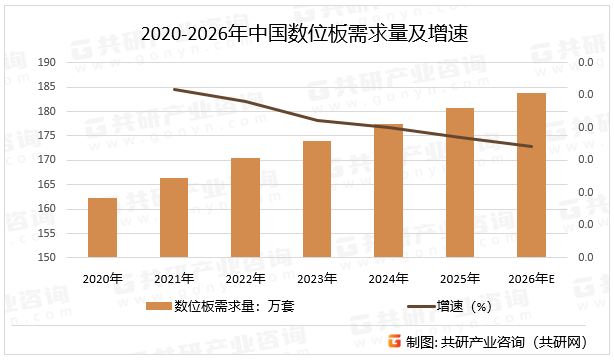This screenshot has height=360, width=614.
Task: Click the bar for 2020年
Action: (102, 228)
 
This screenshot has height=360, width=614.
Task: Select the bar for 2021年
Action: (174, 218)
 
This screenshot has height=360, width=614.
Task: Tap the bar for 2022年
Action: (245, 208)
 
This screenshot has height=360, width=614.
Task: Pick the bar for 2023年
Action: (317, 199)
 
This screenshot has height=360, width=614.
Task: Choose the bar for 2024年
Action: (388, 191)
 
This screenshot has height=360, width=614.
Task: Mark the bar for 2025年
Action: (460, 183)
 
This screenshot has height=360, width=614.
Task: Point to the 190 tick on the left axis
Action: (46, 62)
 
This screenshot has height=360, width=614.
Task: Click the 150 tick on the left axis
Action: (46, 258)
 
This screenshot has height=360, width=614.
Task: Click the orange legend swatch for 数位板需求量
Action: (158, 306)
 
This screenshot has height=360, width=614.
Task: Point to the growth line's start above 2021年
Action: (174, 89)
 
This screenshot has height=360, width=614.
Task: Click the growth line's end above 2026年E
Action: (531, 147)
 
